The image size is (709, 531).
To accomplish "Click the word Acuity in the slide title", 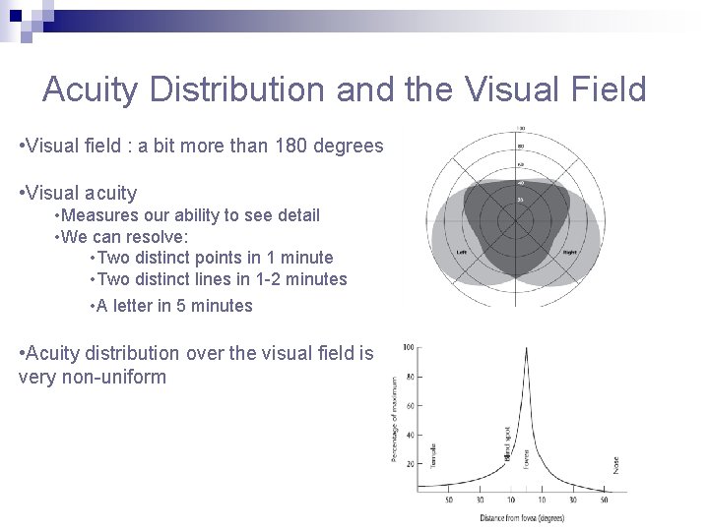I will [x=93, y=89].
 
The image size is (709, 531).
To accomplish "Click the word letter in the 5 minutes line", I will [x=133, y=306].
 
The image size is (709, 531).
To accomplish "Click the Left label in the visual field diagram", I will [x=461, y=252].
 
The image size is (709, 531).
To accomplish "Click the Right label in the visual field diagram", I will [x=569, y=252].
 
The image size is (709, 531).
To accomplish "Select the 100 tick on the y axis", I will [x=408, y=348].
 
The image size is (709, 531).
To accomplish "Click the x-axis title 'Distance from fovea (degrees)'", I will [x=522, y=518].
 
